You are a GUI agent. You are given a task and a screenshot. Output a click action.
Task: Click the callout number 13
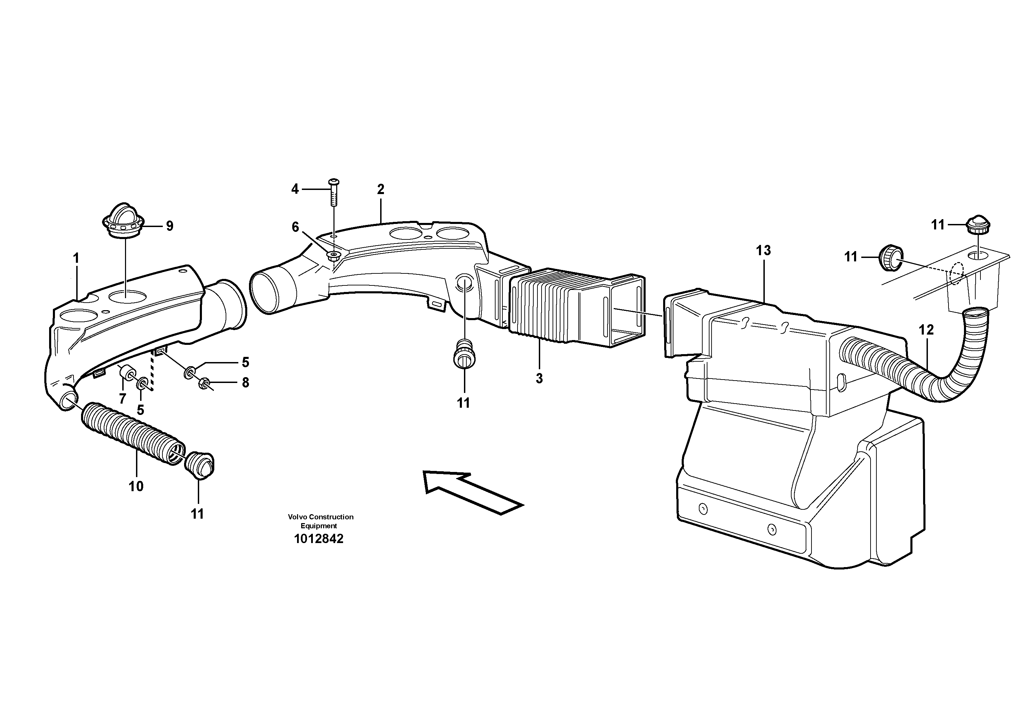(x=763, y=251)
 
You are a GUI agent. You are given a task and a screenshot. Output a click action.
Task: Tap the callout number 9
(x=170, y=226)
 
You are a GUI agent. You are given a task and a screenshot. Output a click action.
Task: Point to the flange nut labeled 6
(x=333, y=256)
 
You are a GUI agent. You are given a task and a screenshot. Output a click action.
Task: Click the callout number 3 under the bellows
(x=539, y=379)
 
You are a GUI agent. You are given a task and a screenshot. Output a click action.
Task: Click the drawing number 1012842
(x=319, y=539)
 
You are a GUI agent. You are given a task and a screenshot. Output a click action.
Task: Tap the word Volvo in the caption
(x=297, y=517)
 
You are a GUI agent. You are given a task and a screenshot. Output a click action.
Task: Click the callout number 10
(x=136, y=486)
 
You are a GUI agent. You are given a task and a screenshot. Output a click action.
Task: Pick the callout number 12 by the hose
(x=926, y=330)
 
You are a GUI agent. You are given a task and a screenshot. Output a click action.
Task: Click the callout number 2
(x=381, y=190)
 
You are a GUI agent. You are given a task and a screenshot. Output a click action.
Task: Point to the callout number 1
(x=76, y=258)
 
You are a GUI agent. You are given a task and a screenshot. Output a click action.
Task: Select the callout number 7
(x=122, y=399)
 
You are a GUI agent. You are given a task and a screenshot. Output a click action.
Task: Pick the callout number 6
(x=295, y=227)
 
